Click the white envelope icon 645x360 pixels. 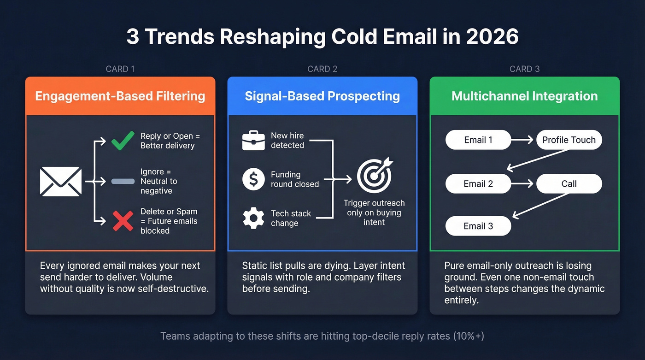[61, 182]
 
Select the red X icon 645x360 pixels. [123, 221]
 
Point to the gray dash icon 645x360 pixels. [123, 182]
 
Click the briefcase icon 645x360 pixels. [253, 141]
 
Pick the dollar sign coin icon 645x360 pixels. [253, 179]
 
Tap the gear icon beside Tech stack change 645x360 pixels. [253, 218]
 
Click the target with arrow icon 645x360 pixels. [375, 176]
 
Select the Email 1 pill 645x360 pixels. [478, 140]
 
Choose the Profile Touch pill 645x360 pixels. [569, 140]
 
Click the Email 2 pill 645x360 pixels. [478, 184]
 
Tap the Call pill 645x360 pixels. [569, 184]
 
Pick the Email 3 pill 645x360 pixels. [478, 226]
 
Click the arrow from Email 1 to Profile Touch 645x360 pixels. [523, 140]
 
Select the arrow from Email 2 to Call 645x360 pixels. [523, 184]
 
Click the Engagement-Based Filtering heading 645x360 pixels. [120, 96]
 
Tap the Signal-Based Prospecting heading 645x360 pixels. [322, 96]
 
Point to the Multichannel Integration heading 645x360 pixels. [524, 96]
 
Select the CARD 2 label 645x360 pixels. [322, 69]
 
